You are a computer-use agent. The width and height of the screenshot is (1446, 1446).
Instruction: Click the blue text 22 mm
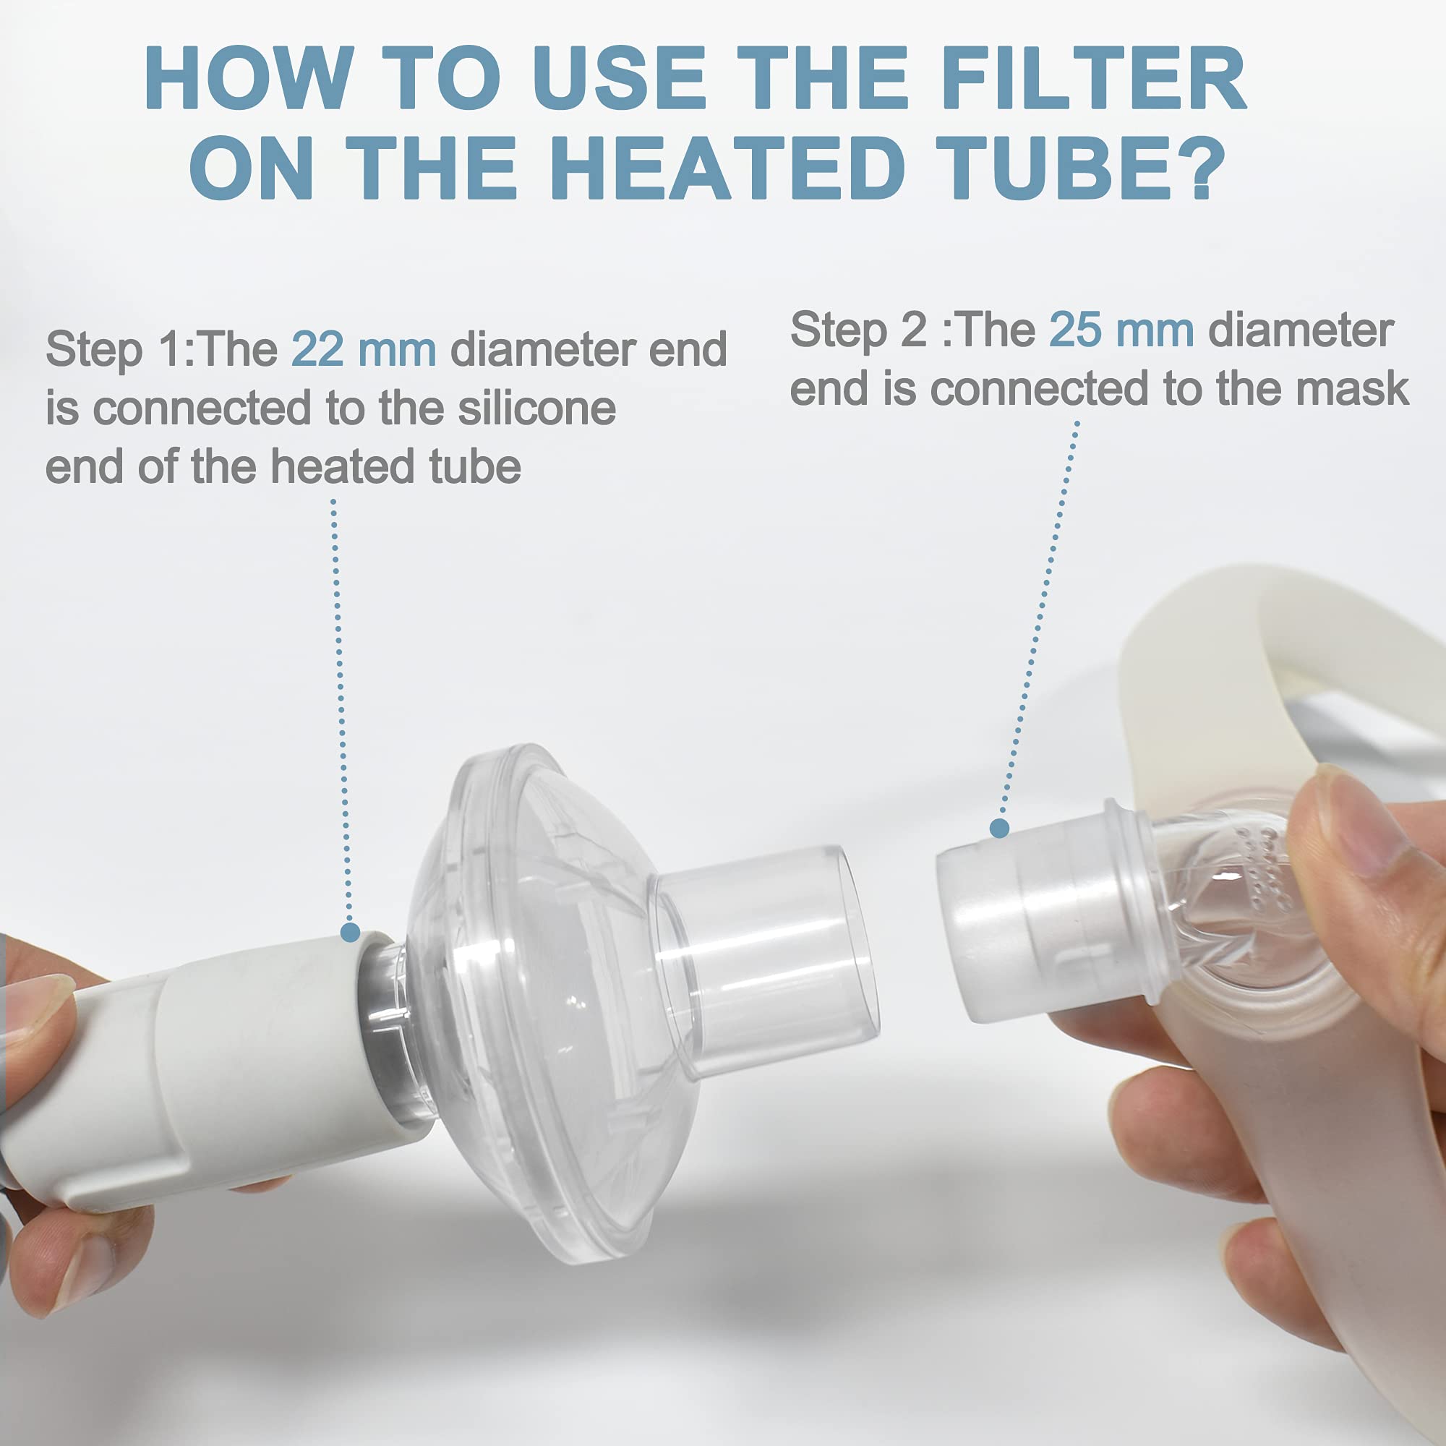click(x=363, y=348)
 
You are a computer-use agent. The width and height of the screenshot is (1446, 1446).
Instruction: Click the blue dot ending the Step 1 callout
click(x=349, y=933)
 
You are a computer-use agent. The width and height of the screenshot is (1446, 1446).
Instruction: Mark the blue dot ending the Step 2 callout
click(x=999, y=829)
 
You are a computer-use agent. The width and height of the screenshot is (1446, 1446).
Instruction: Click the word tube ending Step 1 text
click(x=474, y=467)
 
